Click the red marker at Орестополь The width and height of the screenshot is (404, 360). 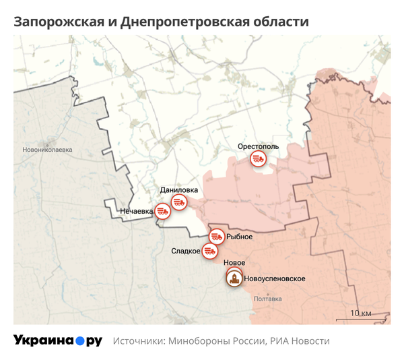258,159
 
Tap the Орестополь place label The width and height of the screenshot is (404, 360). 258,146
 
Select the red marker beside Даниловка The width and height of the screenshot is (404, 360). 178,202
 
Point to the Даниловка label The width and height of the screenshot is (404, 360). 178,190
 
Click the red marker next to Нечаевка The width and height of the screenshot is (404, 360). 162,211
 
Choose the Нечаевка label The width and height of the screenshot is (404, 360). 136,211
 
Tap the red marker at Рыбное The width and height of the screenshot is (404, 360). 217,237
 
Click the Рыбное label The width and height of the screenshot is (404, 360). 240,237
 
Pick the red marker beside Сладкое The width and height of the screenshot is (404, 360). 210,251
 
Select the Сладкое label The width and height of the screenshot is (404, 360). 186,251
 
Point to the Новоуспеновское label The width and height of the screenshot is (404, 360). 275,278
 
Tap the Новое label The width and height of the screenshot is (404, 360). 233,262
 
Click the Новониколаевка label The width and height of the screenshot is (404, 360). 47,150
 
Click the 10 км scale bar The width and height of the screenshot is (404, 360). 367,314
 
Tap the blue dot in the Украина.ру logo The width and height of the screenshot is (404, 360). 79,341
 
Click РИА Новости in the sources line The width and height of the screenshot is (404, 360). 300,341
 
